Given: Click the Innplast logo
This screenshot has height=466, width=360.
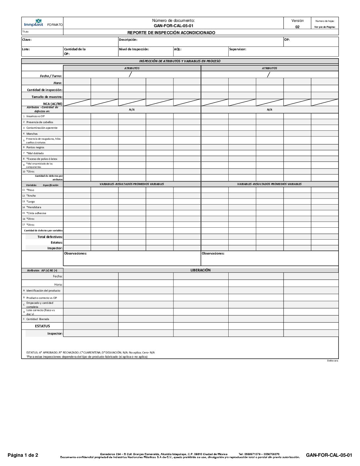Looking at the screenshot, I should pos(34,23).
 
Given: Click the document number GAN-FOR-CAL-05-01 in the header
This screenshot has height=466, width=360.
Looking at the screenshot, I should pos(173,26).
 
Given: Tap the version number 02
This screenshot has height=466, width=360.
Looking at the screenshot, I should pos(297,27).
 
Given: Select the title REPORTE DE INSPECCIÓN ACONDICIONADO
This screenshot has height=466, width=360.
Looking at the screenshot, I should pos(171,33).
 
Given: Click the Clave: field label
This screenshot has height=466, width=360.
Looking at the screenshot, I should pos(27,40).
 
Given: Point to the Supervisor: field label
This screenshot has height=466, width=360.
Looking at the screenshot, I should pos(238,49).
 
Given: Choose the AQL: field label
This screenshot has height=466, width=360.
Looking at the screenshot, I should pos(178,49).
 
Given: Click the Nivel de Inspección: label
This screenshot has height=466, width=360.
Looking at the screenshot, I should pos(134,49).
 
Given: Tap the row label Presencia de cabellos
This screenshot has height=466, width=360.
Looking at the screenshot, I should pos(40,122).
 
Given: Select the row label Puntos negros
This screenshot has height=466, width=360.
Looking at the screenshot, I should pos(35,147).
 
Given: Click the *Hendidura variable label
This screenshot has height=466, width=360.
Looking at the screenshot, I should pos(34,207).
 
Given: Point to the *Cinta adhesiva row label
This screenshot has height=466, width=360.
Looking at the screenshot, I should pos(36,213).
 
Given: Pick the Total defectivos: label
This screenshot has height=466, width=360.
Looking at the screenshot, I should pos(50,237).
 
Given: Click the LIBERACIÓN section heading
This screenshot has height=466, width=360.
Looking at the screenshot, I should pos(201,270).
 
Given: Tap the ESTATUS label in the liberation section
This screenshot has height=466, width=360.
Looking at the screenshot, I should pos(42,326).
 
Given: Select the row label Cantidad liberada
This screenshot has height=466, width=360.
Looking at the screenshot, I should pos(38,319).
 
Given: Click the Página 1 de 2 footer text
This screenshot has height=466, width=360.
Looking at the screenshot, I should pos(23,455).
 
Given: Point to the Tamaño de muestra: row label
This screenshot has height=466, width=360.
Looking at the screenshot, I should pos(47,97).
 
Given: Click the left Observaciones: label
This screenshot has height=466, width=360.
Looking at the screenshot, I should pos(75,254).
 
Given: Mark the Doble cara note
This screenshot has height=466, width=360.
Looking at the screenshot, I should pos(333,361).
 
